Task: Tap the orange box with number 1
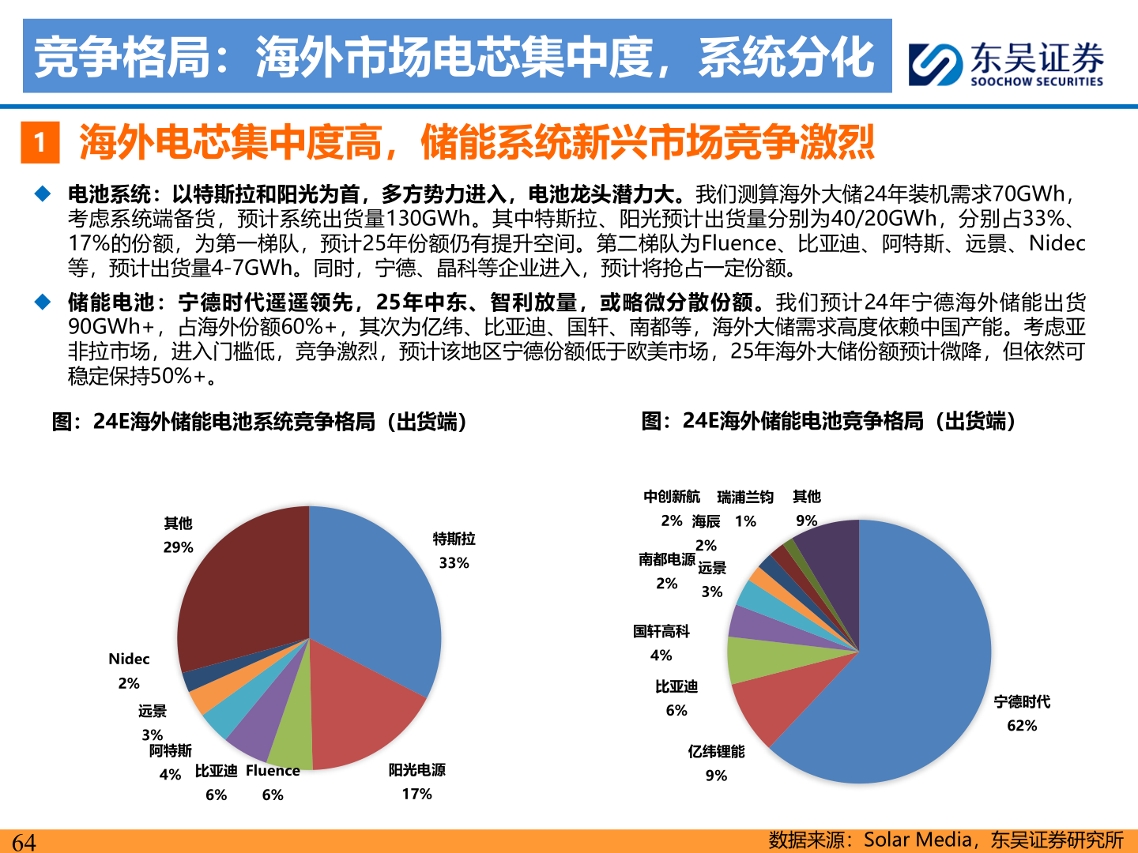click(x=40, y=142)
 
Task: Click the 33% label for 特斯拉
click(x=454, y=562)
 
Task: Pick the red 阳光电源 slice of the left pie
click(x=364, y=711)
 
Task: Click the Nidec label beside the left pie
click(x=129, y=659)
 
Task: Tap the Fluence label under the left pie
click(x=273, y=771)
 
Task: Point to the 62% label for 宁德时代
click(x=1022, y=725)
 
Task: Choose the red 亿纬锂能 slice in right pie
click(x=767, y=703)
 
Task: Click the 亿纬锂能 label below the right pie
click(x=716, y=751)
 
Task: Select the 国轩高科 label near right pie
click(x=661, y=631)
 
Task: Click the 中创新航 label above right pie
click(x=671, y=496)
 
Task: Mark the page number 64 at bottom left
click(x=24, y=842)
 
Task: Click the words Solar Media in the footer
click(x=917, y=840)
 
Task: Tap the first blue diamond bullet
click(x=42, y=194)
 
